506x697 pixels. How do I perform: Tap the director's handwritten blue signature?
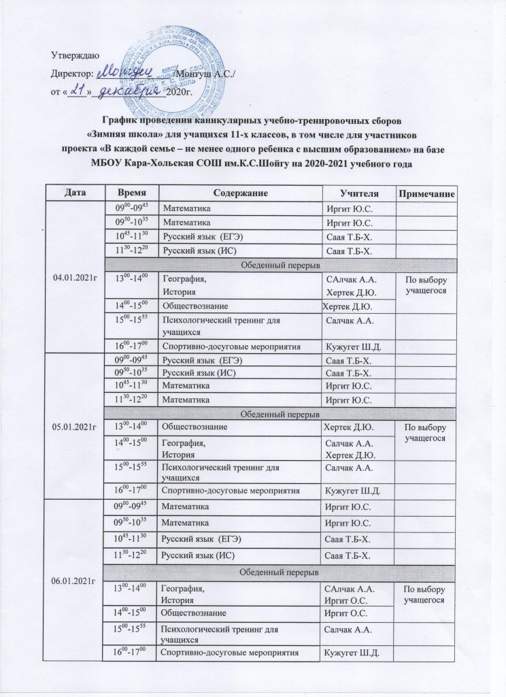pos(129,71)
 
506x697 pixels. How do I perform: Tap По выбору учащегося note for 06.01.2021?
pos(425,596)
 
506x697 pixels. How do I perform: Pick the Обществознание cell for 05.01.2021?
pos(192,427)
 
